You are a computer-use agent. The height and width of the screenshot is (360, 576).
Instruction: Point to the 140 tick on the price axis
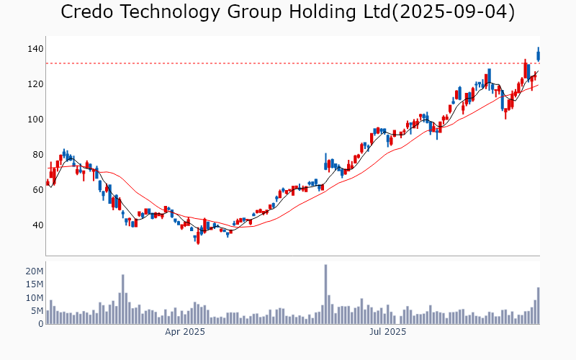tap(36, 49)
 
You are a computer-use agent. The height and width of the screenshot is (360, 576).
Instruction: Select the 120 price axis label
tap(36, 84)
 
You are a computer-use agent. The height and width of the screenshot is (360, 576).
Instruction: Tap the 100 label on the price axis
tap(36, 120)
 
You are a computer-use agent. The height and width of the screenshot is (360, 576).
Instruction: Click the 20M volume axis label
tap(35, 271)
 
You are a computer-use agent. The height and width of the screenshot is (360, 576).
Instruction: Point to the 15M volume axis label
tap(35, 284)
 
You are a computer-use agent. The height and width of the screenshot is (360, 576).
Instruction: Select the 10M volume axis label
tap(35, 298)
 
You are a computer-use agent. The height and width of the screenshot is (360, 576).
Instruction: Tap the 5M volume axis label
tap(37, 311)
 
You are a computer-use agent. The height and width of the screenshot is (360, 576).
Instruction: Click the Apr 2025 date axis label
tap(185, 332)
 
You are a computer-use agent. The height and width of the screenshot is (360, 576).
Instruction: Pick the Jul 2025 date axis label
tap(388, 332)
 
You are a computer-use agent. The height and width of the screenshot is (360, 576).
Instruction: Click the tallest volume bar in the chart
tap(325, 294)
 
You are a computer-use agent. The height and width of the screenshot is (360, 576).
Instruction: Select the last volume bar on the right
tap(538, 305)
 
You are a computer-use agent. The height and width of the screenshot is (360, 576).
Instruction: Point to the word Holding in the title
tap(319, 12)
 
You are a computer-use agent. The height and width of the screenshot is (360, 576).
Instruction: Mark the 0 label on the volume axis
tap(41, 324)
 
